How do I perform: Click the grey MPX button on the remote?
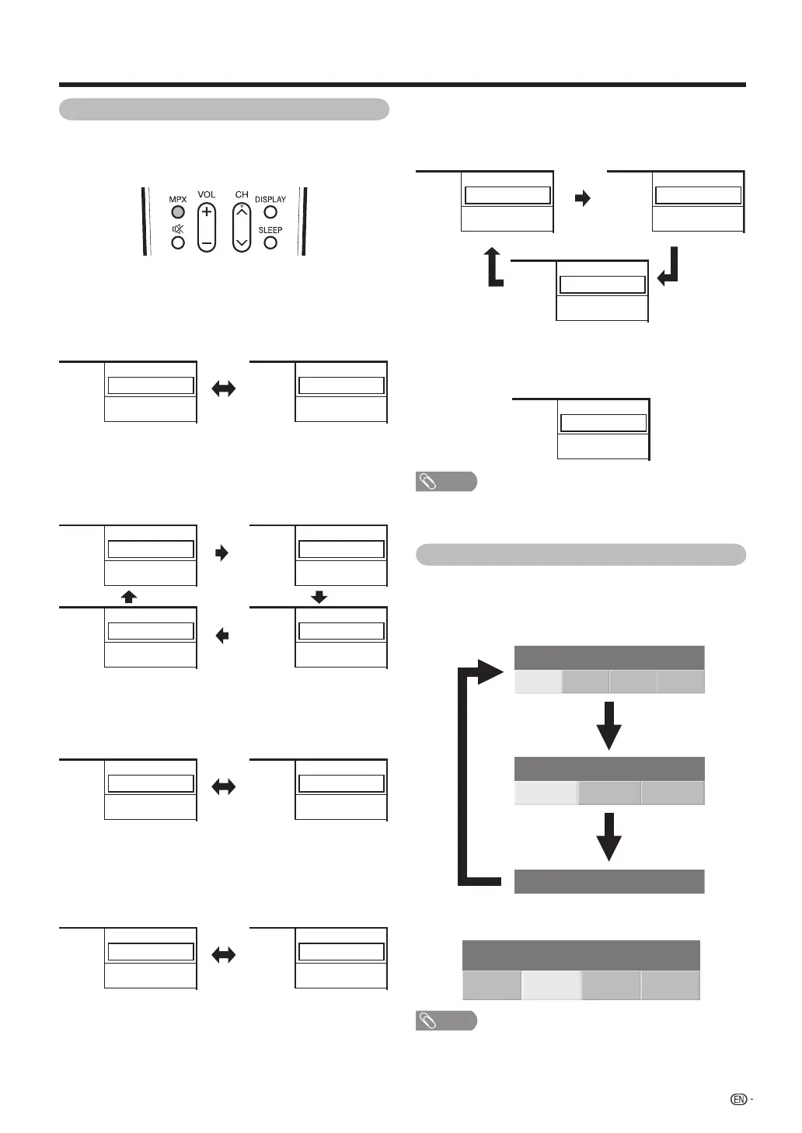(x=178, y=212)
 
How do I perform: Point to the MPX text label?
(x=178, y=200)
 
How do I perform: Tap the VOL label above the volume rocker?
(x=207, y=194)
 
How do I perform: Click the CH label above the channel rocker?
(x=242, y=194)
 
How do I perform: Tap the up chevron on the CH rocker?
(x=242, y=210)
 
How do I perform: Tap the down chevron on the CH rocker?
(x=242, y=242)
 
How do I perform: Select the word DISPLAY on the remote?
(x=270, y=200)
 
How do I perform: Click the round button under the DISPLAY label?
(x=270, y=212)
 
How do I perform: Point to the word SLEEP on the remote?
(x=270, y=230)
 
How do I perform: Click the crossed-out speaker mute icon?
(x=178, y=229)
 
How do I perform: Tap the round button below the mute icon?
(x=178, y=242)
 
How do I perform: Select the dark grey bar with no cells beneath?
(x=609, y=881)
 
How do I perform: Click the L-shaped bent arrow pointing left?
(x=668, y=267)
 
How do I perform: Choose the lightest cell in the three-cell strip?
(x=546, y=793)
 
